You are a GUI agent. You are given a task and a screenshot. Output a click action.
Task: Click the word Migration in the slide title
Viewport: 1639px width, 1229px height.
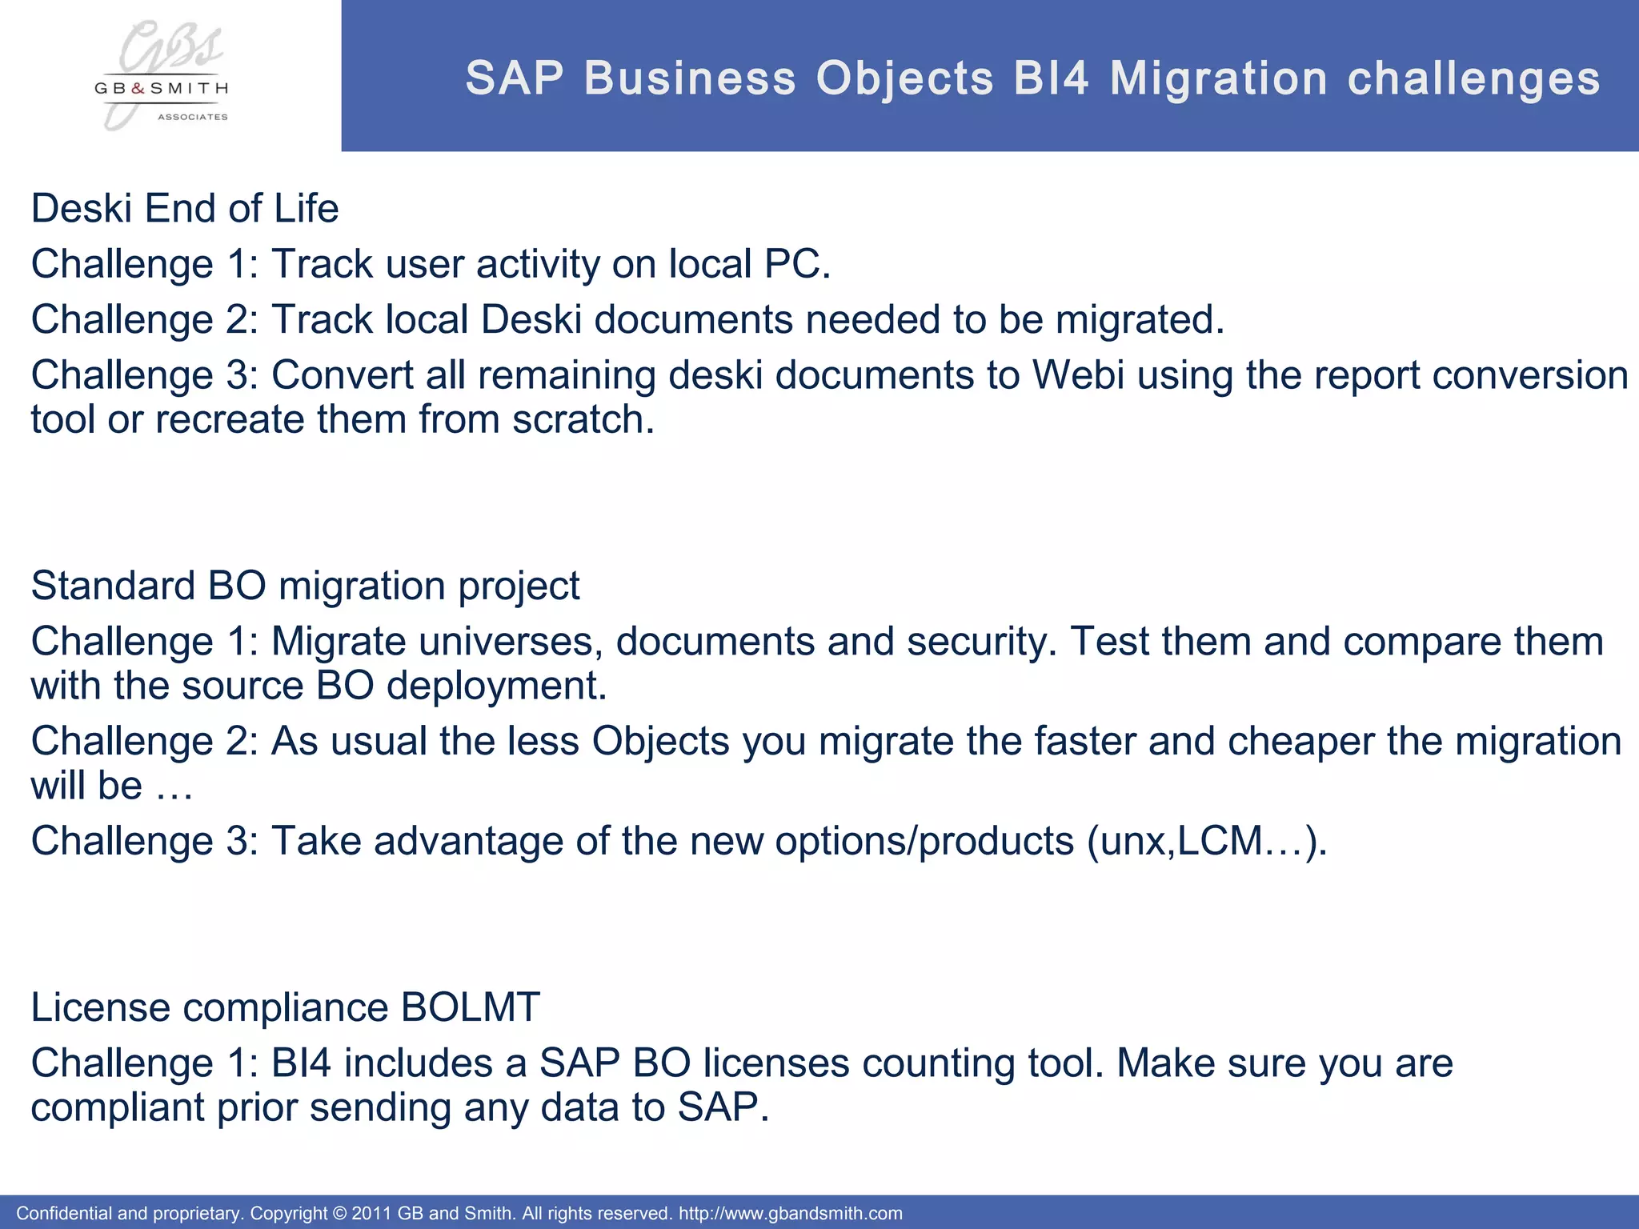click(1219, 79)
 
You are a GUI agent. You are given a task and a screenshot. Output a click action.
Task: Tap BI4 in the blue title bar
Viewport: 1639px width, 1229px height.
click(1051, 79)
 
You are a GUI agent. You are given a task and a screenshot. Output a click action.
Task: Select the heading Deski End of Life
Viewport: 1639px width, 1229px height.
click(185, 209)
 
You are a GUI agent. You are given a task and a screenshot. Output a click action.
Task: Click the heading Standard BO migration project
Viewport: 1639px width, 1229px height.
click(305, 586)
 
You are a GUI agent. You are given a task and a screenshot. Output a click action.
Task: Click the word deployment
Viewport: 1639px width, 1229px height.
click(495, 687)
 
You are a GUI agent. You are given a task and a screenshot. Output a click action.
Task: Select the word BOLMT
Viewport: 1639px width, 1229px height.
click(471, 1007)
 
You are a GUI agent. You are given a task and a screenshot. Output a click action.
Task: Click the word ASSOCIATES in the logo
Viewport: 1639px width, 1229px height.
click(192, 117)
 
